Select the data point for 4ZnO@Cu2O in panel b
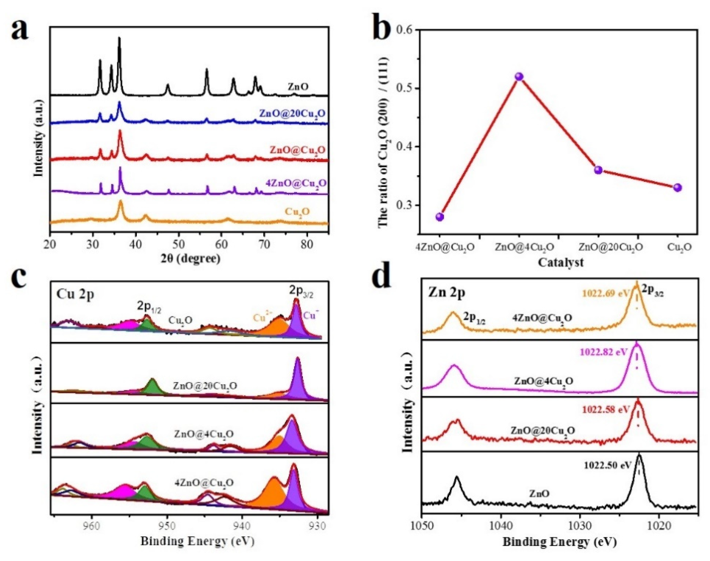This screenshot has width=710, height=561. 440,217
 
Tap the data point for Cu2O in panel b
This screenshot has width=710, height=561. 677,188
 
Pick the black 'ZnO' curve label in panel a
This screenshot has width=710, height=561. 298,87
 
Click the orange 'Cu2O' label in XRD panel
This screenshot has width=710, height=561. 297,212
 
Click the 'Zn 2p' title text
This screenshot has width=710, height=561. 446,293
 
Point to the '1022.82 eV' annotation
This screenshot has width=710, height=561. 604,352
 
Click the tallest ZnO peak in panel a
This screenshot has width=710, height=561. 119,39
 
